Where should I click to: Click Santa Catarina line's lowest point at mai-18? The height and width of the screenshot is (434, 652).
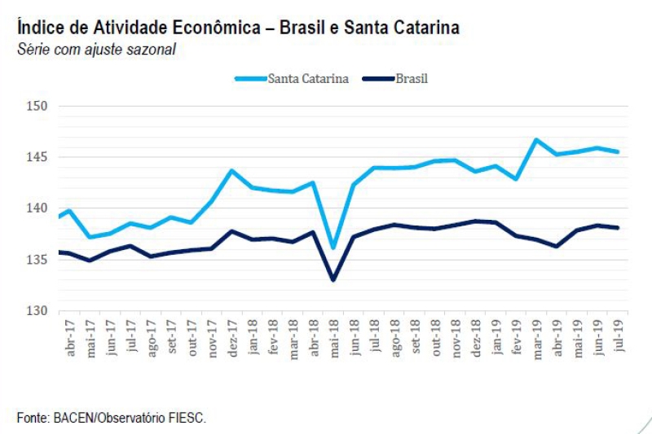click(x=333, y=248)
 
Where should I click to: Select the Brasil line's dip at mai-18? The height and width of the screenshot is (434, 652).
click(x=333, y=280)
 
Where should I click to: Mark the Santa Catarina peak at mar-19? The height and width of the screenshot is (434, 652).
click(x=536, y=139)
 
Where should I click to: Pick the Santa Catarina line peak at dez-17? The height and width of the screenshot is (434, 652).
click(x=231, y=170)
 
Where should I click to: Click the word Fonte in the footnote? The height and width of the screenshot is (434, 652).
click(x=33, y=417)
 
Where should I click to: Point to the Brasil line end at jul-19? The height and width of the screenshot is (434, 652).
click(x=618, y=228)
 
